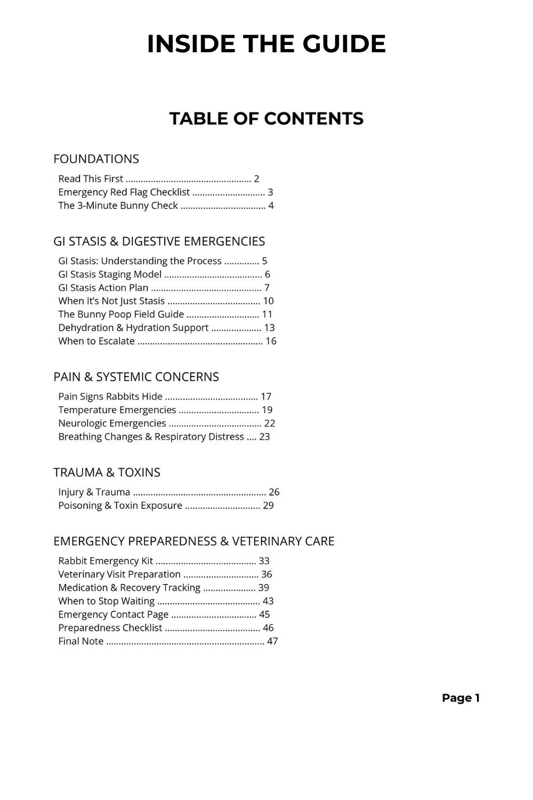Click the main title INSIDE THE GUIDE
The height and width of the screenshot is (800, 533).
tap(266, 44)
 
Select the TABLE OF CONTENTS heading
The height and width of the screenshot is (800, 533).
tap(266, 118)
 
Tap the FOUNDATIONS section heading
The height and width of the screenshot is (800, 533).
tap(96, 159)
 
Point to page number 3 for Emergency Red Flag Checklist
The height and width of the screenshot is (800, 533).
tap(270, 192)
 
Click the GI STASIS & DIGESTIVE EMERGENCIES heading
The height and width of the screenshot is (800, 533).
tap(159, 242)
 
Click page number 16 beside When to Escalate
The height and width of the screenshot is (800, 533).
tap(271, 341)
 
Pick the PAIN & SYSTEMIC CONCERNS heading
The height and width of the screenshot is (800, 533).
tap(136, 377)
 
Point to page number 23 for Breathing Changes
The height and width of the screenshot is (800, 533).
tap(264, 436)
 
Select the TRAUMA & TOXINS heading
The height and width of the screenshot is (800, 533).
tap(107, 473)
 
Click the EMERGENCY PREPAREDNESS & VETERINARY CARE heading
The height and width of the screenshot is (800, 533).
tap(194, 541)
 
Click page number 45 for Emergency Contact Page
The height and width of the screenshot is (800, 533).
tap(264, 614)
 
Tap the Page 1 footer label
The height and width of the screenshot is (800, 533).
tap(461, 698)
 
